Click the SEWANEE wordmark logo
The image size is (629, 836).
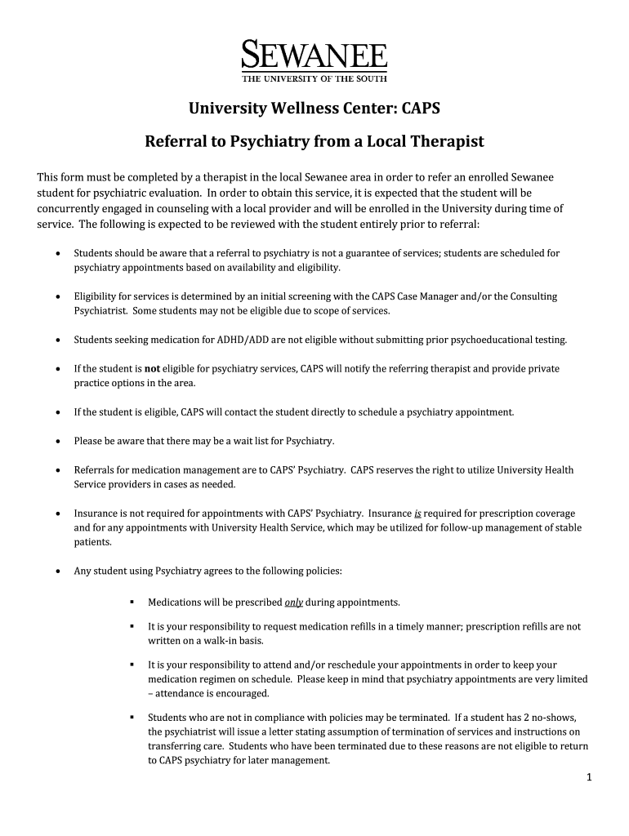click(x=314, y=56)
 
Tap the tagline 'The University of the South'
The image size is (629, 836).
click(x=314, y=78)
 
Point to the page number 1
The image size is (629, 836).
click(x=588, y=777)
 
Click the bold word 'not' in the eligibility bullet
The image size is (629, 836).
click(x=152, y=369)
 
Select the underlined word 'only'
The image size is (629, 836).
click(x=293, y=603)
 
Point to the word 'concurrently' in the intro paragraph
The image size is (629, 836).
click(x=69, y=208)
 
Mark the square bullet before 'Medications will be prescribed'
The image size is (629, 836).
click(x=131, y=603)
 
